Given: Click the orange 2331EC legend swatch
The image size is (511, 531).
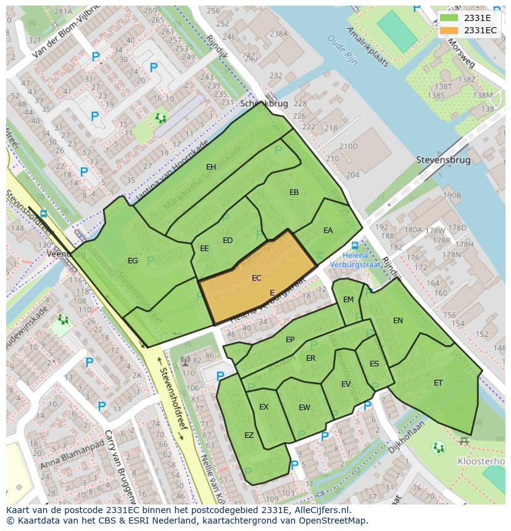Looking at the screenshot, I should click(450, 30).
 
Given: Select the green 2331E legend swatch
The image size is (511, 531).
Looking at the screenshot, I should click(450, 18).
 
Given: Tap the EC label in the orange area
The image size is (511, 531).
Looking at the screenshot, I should click(257, 278).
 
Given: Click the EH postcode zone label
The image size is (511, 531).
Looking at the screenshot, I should click(211, 167).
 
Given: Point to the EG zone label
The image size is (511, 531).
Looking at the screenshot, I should click(133, 261).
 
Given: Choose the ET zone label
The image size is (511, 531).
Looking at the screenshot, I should click(438, 383).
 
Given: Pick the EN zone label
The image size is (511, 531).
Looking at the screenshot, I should click(398, 321).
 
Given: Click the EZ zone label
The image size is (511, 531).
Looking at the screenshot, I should click(249, 435).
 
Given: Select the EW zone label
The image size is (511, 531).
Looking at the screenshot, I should click(304, 408).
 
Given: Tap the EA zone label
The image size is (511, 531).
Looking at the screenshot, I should click(328, 231).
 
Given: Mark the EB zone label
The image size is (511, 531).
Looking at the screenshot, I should click(294, 192).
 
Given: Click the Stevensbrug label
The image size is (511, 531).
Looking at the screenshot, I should click(443, 160).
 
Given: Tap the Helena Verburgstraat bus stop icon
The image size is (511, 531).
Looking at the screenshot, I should click(355, 245).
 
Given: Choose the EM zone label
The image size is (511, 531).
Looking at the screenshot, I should click(348, 300).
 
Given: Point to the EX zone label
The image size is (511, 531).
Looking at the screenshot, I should click(264, 407).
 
